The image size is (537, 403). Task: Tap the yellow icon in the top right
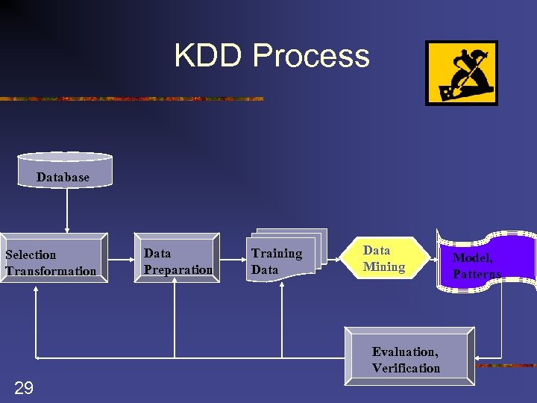tap(461, 73)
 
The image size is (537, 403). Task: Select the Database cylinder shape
tap(64, 170)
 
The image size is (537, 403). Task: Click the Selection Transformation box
tap(53, 261)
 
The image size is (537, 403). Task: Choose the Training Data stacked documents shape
tap(286, 255)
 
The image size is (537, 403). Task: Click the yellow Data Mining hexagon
tap(385, 258)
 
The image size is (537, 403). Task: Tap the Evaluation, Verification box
tap(409, 357)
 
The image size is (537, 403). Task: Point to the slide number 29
tap(24, 387)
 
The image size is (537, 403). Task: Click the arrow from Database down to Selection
tap(67, 209)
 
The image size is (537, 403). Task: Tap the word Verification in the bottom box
tap(406, 368)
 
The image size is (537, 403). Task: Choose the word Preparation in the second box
tap(178, 269)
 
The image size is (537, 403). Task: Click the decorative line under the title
tap(131, 99)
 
